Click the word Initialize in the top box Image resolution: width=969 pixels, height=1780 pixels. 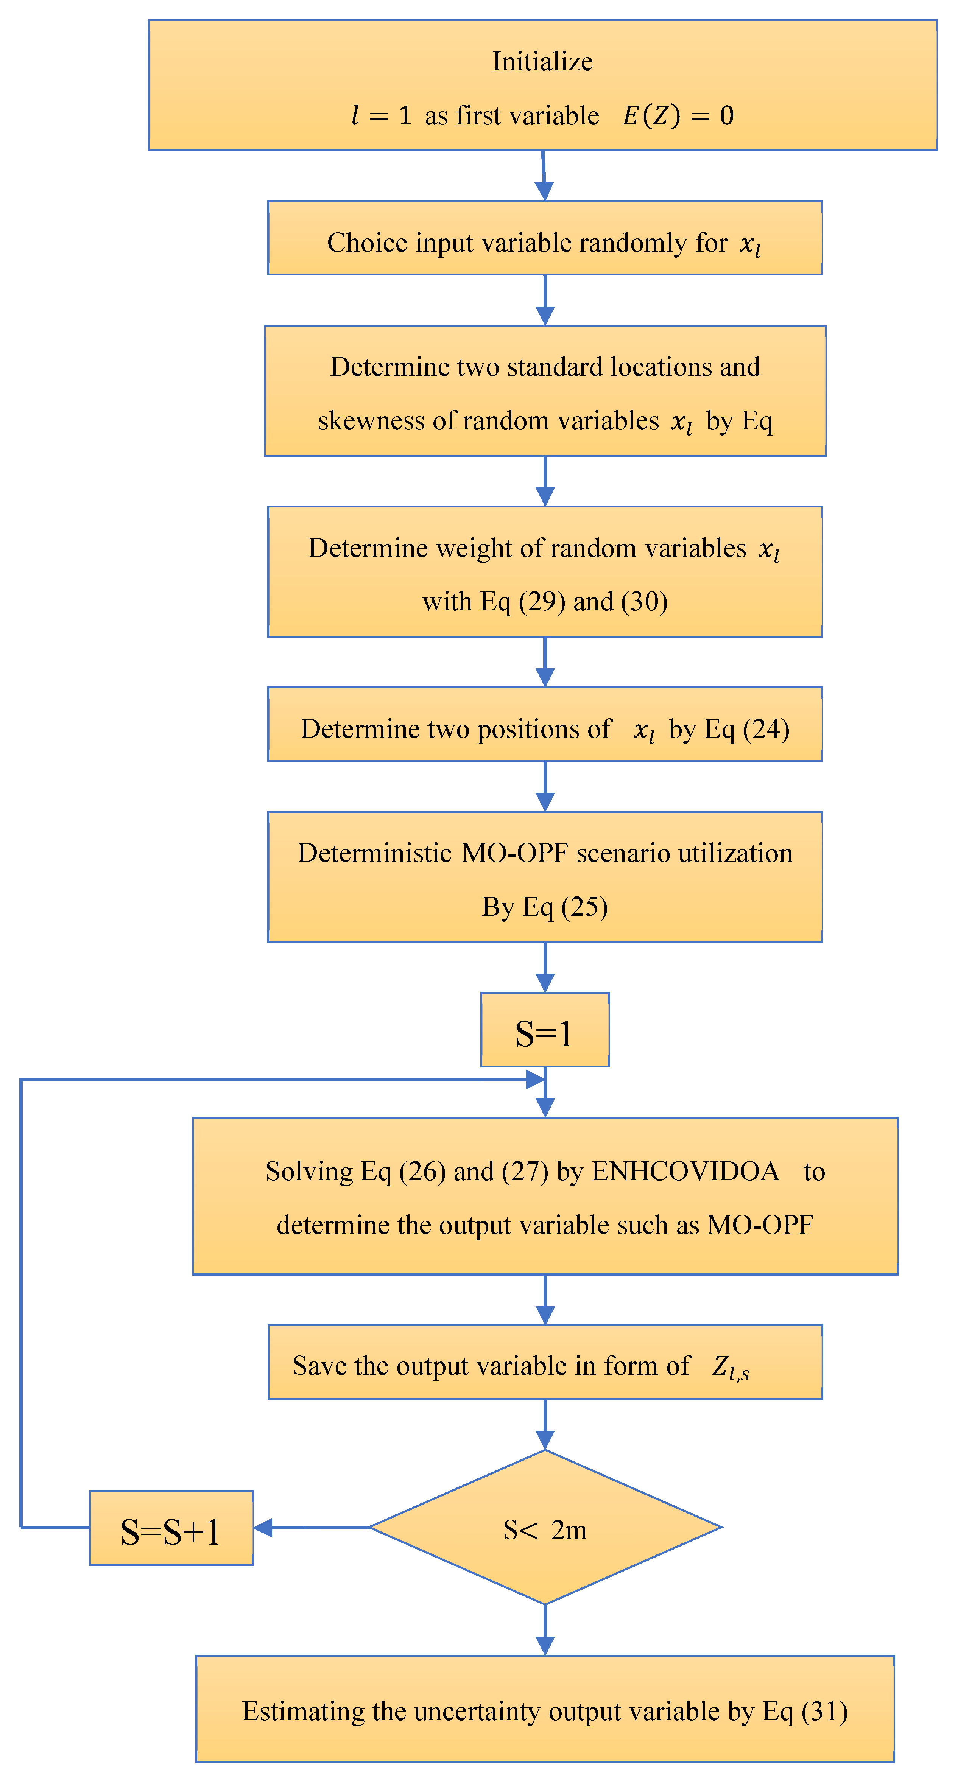pos(542,62)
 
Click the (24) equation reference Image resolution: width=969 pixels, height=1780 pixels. pos(766,729)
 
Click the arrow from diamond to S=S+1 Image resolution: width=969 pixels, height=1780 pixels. pos(311,1527)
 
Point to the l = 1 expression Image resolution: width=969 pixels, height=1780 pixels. pos(382,115)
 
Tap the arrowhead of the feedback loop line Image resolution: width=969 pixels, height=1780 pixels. pos(534,1079)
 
